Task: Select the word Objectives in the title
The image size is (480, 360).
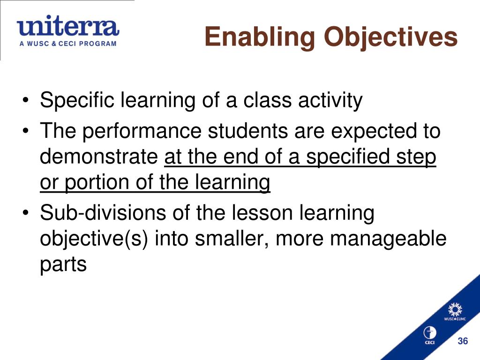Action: [x=390, y=37]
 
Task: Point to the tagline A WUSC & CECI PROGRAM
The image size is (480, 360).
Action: [x=67, y=44]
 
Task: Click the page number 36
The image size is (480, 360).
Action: [x=463, y=341]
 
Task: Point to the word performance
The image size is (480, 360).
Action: [x=143, y=132]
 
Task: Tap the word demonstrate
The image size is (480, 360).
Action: [x=99, y=157]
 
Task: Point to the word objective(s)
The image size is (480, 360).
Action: [x=94, y=239]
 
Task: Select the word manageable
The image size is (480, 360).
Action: [x=388, y=239]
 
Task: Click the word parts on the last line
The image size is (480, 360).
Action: [x=63, y=264]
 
